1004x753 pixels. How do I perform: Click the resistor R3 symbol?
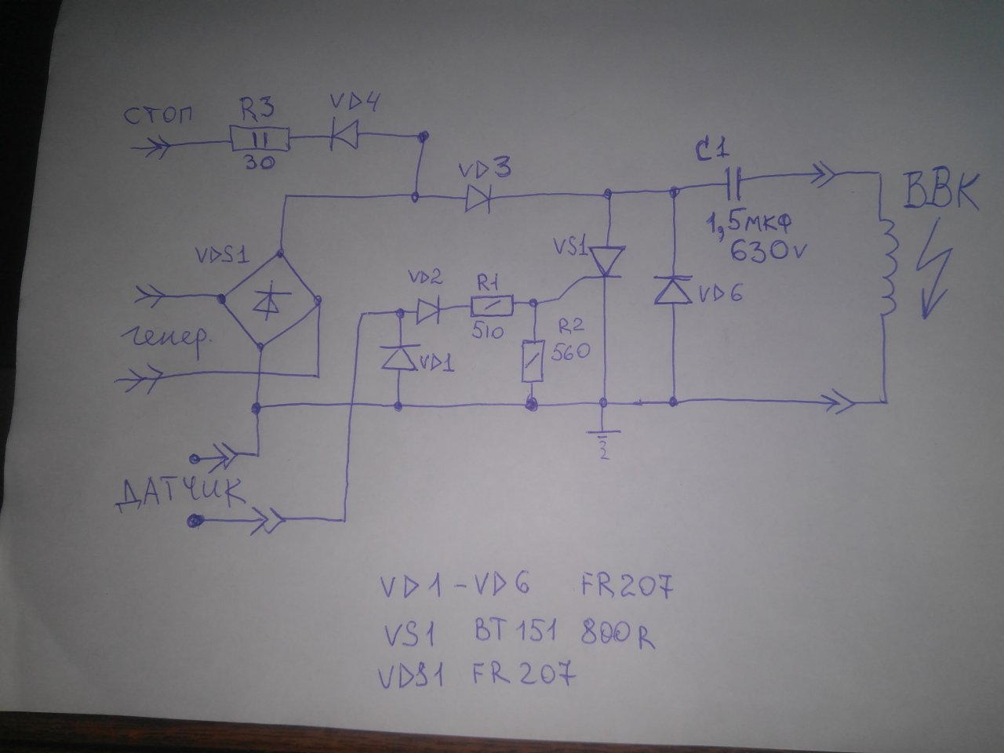(260, 140)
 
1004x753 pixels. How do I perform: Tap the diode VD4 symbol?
(343, 135)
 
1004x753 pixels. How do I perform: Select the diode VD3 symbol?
(478, 197)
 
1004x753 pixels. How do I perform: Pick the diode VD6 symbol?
(674, 291)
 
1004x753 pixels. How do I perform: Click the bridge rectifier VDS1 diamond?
(268, 300)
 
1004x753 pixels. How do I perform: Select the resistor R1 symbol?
(491, 305)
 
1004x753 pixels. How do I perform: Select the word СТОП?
(158, 115)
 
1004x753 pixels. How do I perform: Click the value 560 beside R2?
(570, 353)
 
